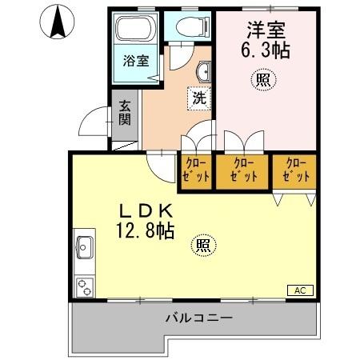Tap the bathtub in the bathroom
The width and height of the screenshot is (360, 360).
136,30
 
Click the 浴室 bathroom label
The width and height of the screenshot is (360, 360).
136,61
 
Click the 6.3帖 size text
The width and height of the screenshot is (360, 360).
266,50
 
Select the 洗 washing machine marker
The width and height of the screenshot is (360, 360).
198,99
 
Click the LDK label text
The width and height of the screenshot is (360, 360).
146,211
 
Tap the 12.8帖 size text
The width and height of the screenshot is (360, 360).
146,232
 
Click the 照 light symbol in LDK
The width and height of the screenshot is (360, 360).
204,245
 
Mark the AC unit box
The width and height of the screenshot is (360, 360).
299,290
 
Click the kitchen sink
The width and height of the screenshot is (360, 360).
85,249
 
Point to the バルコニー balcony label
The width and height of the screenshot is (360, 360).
199,318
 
